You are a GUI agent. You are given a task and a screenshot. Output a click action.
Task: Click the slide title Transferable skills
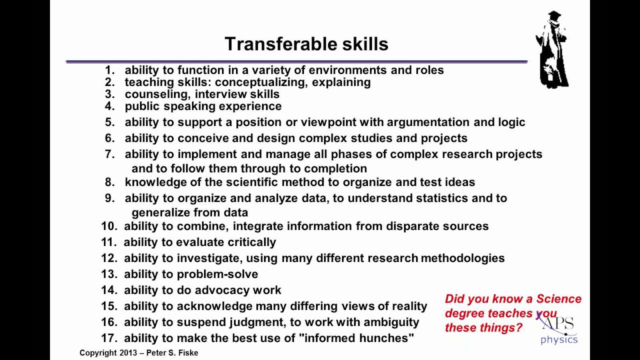pyautogui.click(x=306, y=44)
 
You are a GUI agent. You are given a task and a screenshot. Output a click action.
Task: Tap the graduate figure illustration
pyautogui.click(x=552, y=50)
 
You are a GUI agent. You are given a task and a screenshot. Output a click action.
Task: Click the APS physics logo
pyautogui.click(x=558, y=330)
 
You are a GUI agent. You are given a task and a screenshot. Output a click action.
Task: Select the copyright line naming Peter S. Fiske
pyautogui.click(x=138, y=353)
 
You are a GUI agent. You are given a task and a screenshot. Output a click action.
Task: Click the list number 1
pyautogui.click(x=109, y=70)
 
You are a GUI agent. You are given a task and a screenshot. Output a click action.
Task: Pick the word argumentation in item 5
pyautogui.click(x=424, y=122)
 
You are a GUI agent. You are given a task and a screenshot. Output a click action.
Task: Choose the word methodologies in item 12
pyautogui.click(x=462, y=258)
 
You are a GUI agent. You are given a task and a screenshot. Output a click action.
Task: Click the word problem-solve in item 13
pyautogui.click(x=217, y=274)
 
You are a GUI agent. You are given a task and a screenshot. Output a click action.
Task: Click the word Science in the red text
pyautogui.click(x=558, y=299)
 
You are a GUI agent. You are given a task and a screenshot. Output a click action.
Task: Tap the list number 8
pyautogui.click(x=109, y=182)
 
